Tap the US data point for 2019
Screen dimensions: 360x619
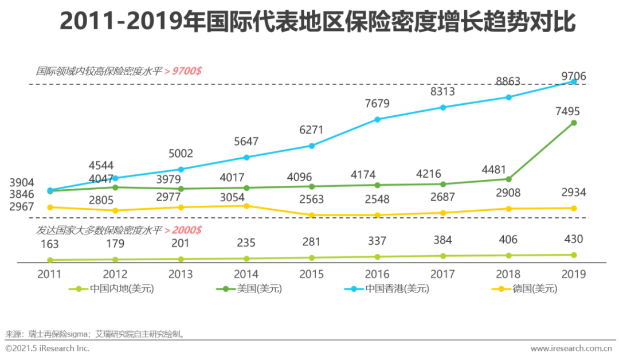pos(574,123)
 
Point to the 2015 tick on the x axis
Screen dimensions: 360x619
pos(312,274)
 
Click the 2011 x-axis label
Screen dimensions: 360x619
pos(50,274)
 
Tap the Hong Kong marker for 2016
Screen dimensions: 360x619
pos(377,119)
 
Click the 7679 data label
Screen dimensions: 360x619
pos(377,104)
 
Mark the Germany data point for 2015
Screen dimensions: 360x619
pos(312,216)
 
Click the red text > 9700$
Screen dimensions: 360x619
pos(182,72)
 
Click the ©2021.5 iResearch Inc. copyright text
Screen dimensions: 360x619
pos(48,349)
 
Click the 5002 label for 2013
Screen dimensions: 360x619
pos(181,154)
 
